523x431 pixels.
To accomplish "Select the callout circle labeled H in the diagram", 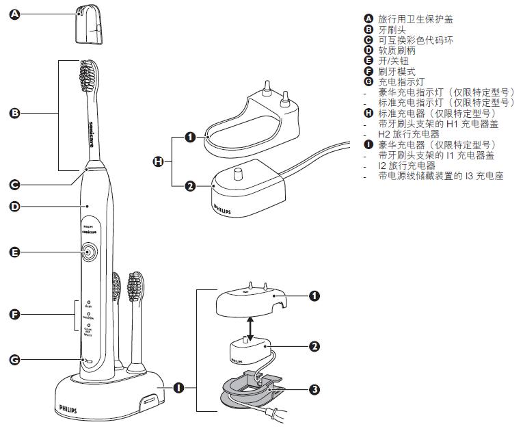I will (x=159, y=161).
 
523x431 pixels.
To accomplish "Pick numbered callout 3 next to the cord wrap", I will (x=314, y=389).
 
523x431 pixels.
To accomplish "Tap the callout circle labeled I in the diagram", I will (x=178, y=388).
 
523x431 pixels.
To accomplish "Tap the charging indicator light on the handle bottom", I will (x=86, y=359).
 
